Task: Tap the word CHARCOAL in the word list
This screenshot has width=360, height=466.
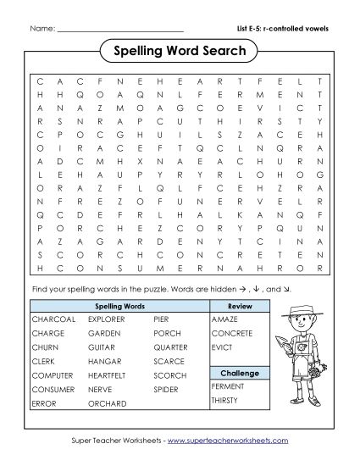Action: [x=53, y=320]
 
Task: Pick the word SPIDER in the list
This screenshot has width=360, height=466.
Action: [x=167, y=390]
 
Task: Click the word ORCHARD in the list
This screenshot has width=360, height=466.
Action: [x=103, y=404]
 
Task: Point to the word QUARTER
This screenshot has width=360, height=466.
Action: [x=171, y=348]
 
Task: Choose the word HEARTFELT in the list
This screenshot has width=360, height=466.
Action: [x=107, y=376]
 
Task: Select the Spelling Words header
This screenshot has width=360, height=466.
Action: [x=119, y=306]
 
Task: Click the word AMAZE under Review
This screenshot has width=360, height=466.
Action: [x=224, y=320]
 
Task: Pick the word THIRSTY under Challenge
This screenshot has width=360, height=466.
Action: [x=226, y=400]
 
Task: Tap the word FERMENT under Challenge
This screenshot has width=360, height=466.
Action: [x=228, y=386]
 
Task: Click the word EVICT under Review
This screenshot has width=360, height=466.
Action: [x=223, y=348]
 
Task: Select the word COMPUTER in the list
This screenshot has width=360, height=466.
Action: [x=54, y=376]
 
